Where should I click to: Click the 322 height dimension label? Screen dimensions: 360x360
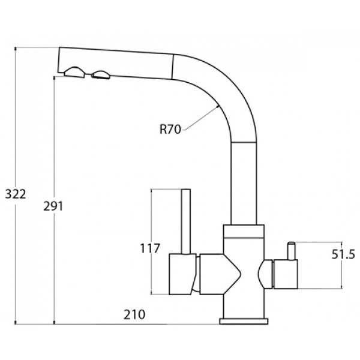(x=16, y=194)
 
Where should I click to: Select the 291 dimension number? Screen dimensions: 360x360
(x=53, y=206)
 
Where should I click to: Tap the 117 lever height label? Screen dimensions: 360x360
(x=149, y=248)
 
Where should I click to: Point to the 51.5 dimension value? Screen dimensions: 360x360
(x=343, y=254)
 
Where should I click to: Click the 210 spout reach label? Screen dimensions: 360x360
(x=134, y=314)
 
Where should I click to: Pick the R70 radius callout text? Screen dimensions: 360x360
(x=170, y=129)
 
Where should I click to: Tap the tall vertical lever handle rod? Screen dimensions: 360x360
(x=186, y=221)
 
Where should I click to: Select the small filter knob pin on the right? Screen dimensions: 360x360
(x=292, y=251)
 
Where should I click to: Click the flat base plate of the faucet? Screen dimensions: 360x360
(x=244, y=321)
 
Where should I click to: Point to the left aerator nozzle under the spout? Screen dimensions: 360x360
(x=74, y=73)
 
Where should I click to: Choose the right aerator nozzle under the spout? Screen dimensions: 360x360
(x=101, y=75)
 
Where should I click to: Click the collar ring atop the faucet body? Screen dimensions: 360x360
(x=244, y=231)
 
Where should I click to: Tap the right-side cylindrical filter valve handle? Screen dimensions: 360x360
(x=286, y=274)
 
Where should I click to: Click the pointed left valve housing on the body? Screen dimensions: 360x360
(x=220, y=274)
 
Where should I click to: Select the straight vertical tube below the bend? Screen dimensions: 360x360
(x=244, y=183)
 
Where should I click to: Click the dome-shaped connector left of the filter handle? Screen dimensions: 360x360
(x=265, y=274)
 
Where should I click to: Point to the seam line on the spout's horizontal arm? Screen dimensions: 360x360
(x=172, y=67)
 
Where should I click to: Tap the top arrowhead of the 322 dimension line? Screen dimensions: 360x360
(x=16, y=49)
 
